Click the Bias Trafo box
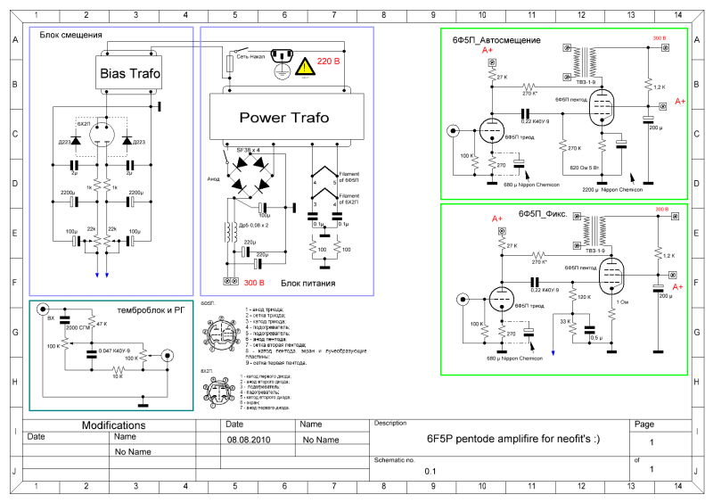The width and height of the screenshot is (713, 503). click(x=131, y=74)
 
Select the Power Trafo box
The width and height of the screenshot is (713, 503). click(x=283, y=117)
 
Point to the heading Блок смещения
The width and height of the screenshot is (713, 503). click(x=70, y=35)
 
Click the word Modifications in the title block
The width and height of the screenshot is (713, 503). click(x=113, y=425)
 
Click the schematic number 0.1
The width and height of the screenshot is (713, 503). click(x=430, y=469)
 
